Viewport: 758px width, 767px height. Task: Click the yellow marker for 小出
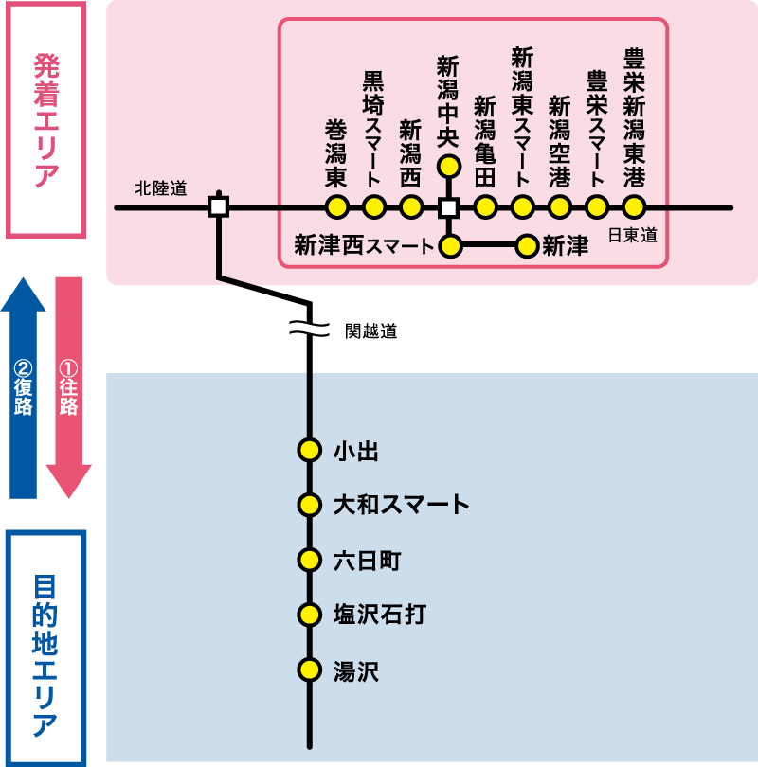point(309,450)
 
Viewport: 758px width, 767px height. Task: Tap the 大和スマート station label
point(401,505)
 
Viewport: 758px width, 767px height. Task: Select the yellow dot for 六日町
point(309,560)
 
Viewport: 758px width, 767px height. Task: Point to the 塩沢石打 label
point(379,615)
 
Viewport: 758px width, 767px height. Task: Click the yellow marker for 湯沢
point(309,670)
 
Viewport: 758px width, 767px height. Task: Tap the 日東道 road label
point(632,235)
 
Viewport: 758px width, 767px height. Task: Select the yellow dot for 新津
point(527,246)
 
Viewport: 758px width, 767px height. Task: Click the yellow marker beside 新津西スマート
point(450,246)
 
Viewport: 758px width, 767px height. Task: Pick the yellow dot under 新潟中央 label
point(449,167)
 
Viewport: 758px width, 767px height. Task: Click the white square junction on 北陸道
point(218,206)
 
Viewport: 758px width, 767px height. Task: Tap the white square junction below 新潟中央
point(449,206)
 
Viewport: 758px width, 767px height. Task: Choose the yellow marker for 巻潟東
point(336,206)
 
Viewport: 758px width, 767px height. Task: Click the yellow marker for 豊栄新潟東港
point(634,206)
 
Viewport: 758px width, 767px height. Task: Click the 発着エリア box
point(46,119)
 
